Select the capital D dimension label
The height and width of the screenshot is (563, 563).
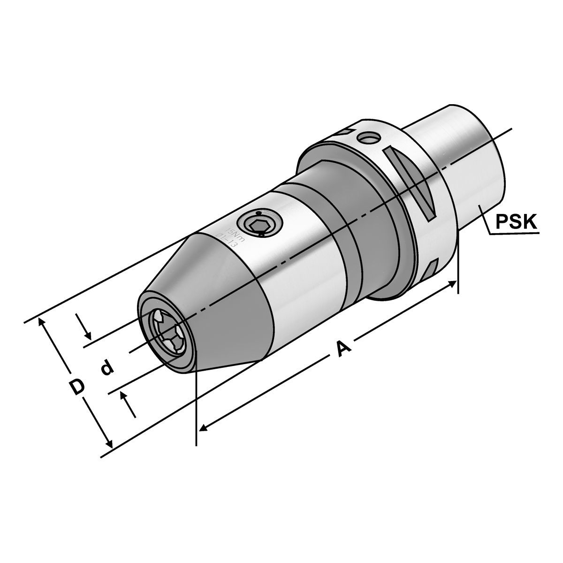(77, 387)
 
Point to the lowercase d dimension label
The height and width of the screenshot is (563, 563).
(107, 367)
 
